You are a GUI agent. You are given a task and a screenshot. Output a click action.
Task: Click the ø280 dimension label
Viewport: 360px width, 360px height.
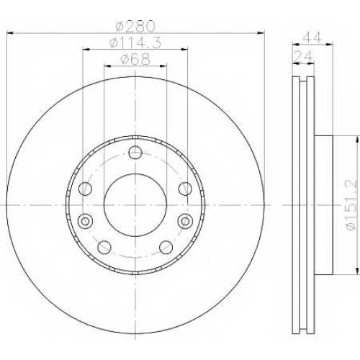(x=135, y=26)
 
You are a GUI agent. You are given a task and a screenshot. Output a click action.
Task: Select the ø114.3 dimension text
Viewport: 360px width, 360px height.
(x=135, y=43)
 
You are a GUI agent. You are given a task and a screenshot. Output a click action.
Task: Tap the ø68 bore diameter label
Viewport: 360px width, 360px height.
(x=135, y=59)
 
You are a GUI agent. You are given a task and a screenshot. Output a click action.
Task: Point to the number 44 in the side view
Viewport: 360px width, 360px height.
(x=312, y=37)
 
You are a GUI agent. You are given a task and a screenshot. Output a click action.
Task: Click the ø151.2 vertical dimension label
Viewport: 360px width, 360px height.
(x=351, y=204)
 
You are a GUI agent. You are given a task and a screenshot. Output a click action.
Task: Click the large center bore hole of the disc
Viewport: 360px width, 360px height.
(x=135, y=205)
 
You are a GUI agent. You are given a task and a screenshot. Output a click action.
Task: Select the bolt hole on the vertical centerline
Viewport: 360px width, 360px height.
(x=135, y=152)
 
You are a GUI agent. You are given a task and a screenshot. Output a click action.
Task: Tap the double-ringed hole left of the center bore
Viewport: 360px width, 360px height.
(x=85, y=220)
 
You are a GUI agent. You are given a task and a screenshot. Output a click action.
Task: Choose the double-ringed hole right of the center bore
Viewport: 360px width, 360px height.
(x=185, y=221)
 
